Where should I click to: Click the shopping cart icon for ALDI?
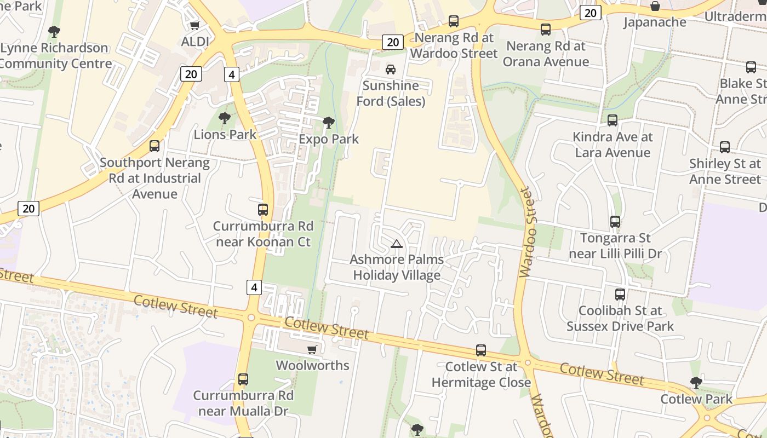(194, 25)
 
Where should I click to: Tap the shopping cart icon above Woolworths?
(312, 349)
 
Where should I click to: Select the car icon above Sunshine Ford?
(390, 69)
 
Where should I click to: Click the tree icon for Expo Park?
(328, 123)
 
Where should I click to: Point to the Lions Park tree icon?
(224, 118)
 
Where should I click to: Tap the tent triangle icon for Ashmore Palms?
(397, 244)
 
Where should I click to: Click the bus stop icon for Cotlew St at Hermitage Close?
(480, 350)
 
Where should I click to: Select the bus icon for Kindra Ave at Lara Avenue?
(612, 120)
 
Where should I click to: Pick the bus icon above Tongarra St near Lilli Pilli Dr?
(615, 222)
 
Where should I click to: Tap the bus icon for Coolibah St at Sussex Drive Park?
(620, 295)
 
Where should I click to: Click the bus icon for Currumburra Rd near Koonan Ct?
(263, 210)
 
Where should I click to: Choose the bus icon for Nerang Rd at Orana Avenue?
(545, 30)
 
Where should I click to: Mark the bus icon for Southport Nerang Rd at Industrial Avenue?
(154, 146)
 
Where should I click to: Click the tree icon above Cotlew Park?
(696, 382)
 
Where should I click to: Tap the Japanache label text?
(655, 22)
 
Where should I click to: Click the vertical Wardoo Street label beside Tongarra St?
(526, 232)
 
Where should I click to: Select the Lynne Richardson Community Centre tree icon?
(54, 32)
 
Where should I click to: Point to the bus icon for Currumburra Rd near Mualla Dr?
(243, 379)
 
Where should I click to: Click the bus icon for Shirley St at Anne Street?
(724, 147)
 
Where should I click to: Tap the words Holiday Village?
(396, 275)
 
